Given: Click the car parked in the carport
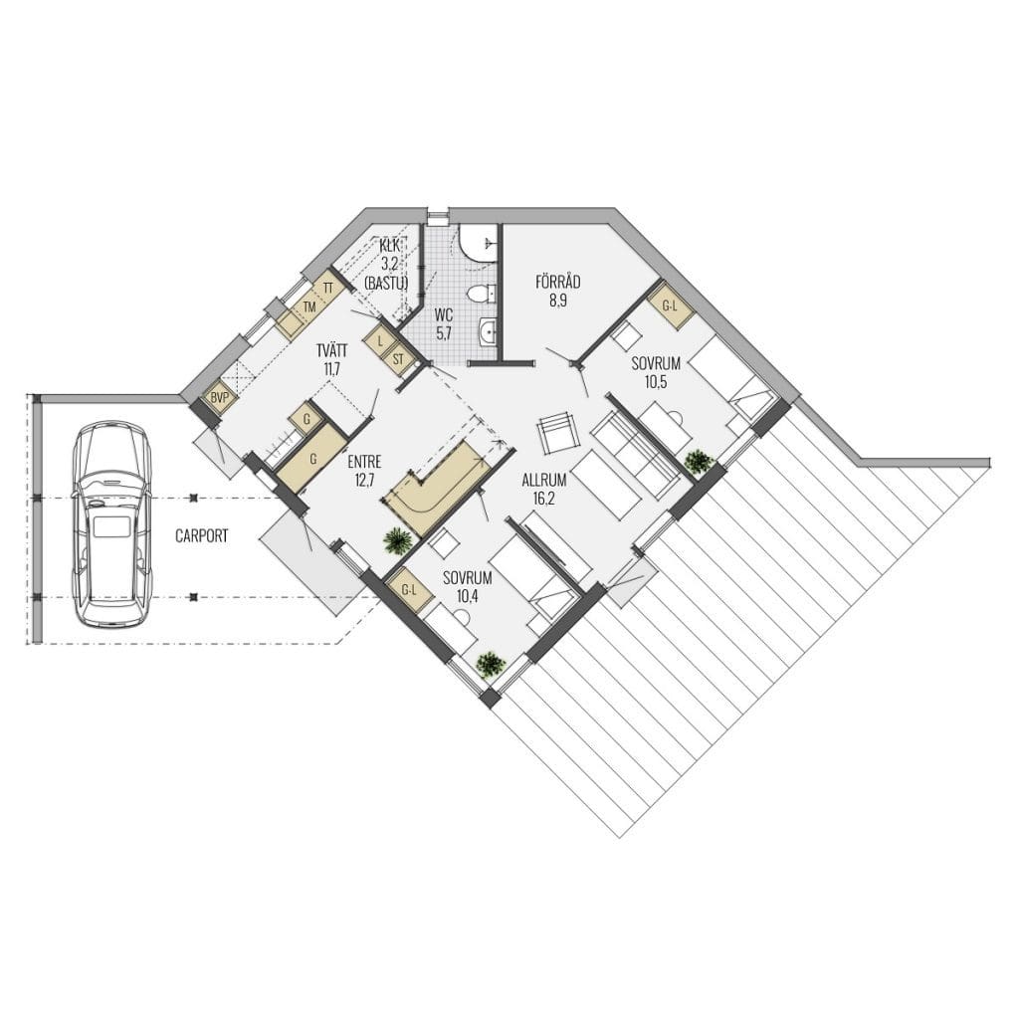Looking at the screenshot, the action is coord(112,525).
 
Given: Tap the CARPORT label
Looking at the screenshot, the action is coord(202,536).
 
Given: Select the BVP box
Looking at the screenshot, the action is coord(220,398).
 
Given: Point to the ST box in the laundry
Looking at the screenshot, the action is coord(398,359).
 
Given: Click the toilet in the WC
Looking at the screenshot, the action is coord(481,295).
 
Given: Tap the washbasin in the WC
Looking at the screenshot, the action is coord(487,332).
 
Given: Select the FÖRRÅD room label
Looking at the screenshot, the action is coord(557,282).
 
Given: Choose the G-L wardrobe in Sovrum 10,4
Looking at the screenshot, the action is coord(408,591).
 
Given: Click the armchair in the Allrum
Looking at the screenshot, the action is coord(557,434).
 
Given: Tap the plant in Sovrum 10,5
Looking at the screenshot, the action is coord(700,462).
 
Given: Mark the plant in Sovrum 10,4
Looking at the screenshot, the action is coord(491,665).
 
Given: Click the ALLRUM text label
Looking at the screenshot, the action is coord(544,481).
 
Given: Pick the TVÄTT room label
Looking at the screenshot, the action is coord(331,351).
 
